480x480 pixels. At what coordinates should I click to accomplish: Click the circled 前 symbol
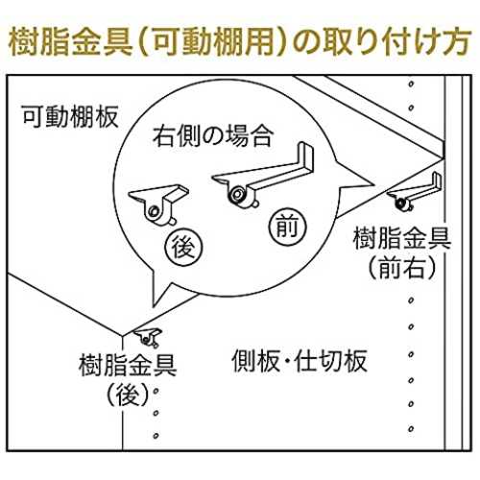pyautogui.click(x=287, y=227)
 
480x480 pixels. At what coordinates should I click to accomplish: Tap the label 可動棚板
pyautogui.click(x=70, y=116)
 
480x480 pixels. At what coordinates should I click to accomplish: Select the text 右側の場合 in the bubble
pyautogui.click(x=213, y=135)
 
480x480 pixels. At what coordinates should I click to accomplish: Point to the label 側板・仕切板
pyautogui.click(x=300, y=361)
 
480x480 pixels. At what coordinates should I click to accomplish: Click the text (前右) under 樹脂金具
pyautogui.click(x=402, y=267)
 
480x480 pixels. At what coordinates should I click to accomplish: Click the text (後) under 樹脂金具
pyautogui.click(x=128, y=395)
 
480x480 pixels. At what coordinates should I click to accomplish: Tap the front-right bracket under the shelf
pyautogui.click(x=415, y=192)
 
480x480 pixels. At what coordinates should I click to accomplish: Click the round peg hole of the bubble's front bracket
pyautogui.click(x=237, y=194)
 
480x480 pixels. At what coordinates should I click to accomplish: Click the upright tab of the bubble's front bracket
pyautogui.click(x=306, y=157)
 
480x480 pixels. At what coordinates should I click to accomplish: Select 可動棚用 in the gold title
pyautogui.click(x=212, y=43)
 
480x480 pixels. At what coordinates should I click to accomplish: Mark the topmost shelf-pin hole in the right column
pyautogui.click(x=411, y=84)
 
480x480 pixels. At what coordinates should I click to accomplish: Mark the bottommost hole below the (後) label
pyautogui.click(x=156, y=436)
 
